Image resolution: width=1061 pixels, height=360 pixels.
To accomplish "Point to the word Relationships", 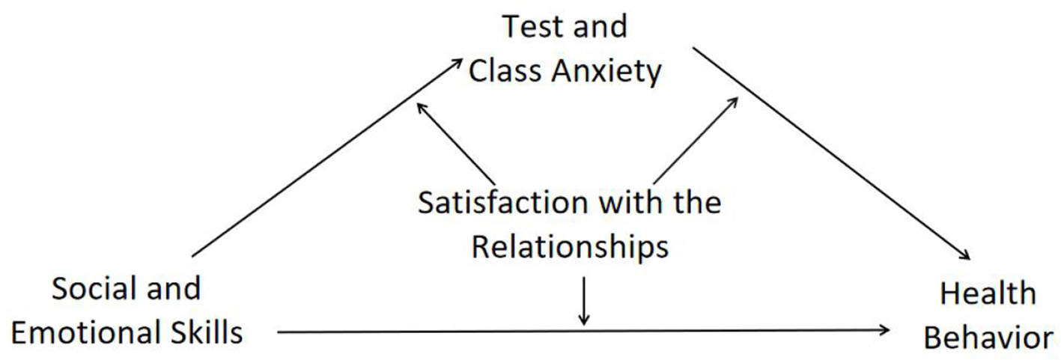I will click(569, 247).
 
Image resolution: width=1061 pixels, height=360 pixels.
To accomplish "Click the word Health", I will click(988, 293).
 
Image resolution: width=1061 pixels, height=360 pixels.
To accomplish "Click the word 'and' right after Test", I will click(600, 27).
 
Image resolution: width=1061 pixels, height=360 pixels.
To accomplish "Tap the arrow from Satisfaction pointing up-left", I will click(455, 141).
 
